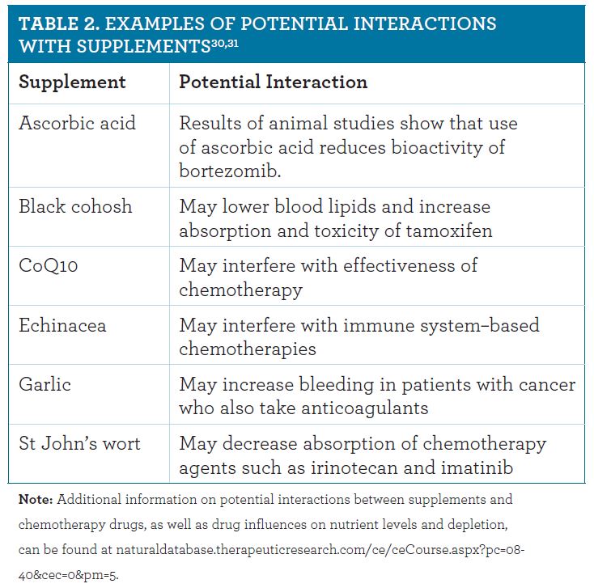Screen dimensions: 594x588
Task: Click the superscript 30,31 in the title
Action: coord(225,43)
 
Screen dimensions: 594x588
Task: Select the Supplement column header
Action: coord(72,82)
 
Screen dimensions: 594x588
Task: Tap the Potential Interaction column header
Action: coord(274,82)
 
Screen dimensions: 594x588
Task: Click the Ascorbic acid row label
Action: coord(77,123)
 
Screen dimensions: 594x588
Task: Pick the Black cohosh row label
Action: coord(75,207)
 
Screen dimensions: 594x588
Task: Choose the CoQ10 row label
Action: coord(48,265)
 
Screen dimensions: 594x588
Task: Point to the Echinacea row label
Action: coord(62,325)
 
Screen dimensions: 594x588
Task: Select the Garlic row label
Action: coord(45,384)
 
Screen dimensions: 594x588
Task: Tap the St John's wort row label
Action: coord(79,443)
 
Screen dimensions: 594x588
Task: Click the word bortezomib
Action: coord(230,171)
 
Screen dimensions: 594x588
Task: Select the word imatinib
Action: coord(477,467)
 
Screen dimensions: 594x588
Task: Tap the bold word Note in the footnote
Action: coord(36,499)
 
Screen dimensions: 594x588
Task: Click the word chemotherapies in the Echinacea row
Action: coord(248,349)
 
